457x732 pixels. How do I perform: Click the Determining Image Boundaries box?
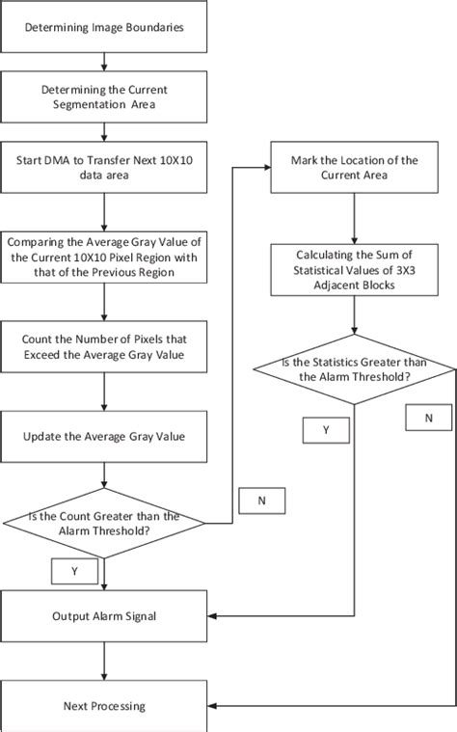coord(105,28)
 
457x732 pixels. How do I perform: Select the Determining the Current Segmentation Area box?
coord(105,97)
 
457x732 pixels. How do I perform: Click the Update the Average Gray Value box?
coord(105,437)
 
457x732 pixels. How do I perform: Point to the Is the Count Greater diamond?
coord(105,523)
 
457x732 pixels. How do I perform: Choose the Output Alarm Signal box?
coord(105,614)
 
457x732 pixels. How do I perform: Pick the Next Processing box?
coord(105,705)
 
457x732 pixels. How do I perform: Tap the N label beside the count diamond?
coord(262,502)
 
